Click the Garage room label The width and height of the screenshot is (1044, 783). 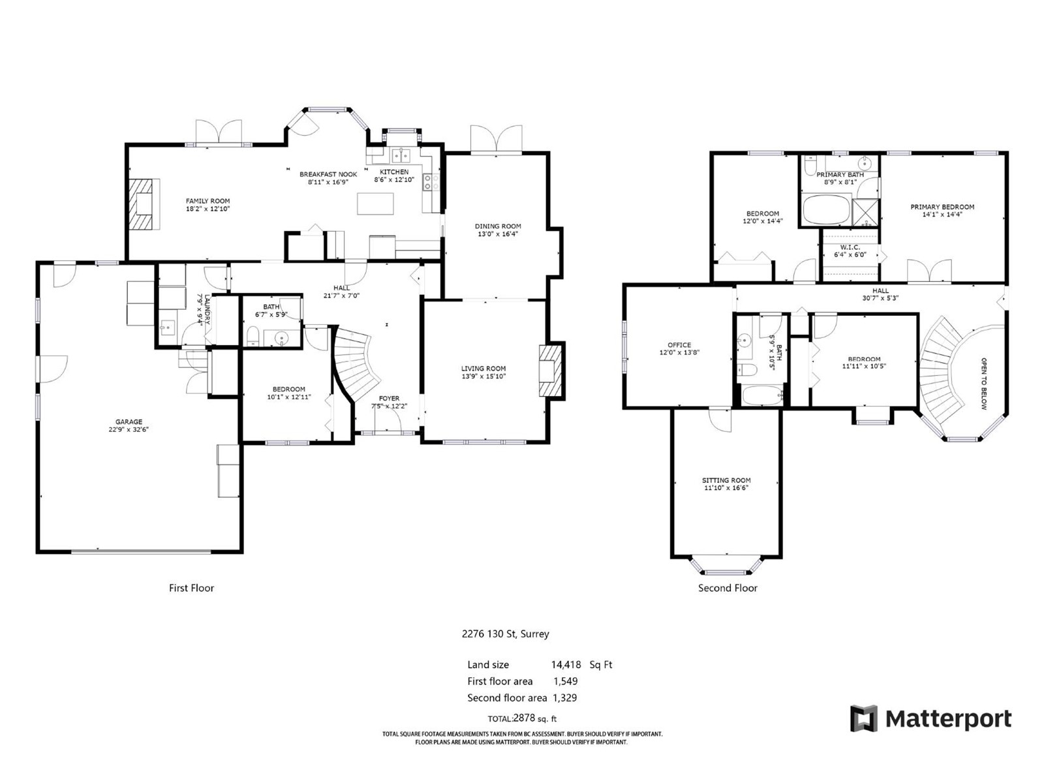129,422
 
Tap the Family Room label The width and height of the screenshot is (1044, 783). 207,201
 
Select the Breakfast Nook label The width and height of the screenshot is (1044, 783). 328,174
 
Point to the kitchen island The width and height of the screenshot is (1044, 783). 375,204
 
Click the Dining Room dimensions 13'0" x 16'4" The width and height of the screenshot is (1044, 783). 497,234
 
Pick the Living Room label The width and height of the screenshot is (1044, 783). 484,369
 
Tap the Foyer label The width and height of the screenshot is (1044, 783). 389,399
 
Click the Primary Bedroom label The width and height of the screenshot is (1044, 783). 942,207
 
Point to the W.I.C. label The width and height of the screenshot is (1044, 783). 850,248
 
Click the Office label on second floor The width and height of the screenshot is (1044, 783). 679,345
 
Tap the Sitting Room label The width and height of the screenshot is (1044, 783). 726,480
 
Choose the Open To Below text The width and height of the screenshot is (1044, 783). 983,384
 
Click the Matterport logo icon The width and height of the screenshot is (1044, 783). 864,718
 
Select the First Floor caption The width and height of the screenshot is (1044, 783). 191,588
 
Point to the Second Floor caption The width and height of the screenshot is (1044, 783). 728,588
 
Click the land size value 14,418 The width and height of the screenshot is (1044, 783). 566,665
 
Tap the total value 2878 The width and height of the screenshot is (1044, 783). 524,718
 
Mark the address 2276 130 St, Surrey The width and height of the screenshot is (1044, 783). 505,634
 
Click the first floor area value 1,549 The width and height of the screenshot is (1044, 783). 566,681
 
